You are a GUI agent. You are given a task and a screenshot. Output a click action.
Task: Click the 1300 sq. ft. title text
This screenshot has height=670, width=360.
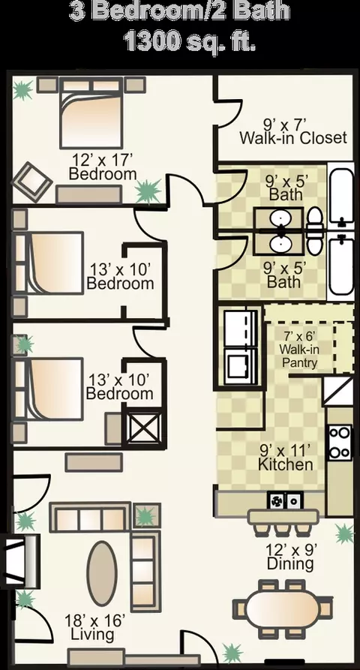tap(190, 42)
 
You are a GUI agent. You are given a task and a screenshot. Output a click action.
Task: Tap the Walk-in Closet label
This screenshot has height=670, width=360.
tap(293, 138)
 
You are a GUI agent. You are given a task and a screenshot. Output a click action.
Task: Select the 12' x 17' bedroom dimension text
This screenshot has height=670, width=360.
tap(103, 160)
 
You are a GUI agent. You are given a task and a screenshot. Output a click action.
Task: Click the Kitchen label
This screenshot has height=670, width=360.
tap(285, 464)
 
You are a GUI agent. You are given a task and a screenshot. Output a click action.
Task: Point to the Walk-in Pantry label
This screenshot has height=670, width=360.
tap(299, 356)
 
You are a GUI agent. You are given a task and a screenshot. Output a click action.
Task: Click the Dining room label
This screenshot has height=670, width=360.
tap(290, 563)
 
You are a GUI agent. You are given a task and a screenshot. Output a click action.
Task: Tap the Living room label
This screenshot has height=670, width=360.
tap(92, 634)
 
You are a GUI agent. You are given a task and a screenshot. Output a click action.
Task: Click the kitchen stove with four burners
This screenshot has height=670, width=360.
tap(340, 442)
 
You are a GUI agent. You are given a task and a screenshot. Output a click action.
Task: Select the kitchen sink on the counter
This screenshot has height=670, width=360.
tap(285, 500)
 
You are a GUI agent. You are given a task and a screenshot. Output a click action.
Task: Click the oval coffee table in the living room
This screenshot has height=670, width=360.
tap(102, 573)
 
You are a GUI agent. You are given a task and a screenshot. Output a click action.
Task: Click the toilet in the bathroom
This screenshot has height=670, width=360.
tap(315, 231)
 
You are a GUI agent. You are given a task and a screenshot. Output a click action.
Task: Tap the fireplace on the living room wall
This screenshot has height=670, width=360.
tap(20, 560)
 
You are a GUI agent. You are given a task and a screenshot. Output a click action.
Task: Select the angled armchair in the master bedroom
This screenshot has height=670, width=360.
tap(31, 182)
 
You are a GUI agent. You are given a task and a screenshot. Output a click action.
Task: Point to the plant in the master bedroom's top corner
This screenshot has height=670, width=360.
tap(22, 90)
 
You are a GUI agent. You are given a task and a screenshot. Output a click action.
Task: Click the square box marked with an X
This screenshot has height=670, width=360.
tap(144, 428)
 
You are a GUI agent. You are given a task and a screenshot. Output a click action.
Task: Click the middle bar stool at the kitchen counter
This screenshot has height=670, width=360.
tap(281, 530)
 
